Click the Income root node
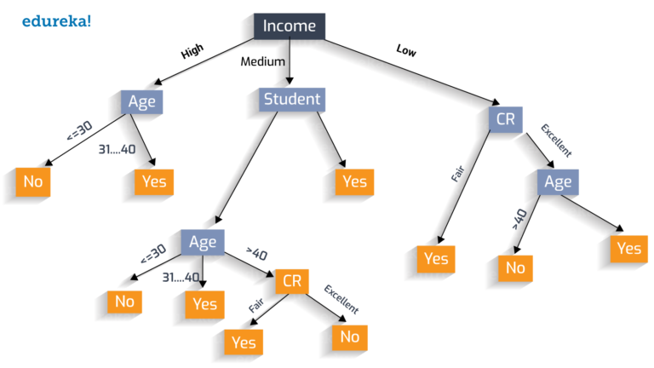coord(289,26)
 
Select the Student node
coord(292,100)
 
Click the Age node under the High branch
coord(141,102)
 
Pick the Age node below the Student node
coord(203,242)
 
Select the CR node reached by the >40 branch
coord(291,281)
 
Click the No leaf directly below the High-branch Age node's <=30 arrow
coord(33,181)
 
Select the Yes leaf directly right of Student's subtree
coord(353,181)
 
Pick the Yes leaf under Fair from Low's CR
coord(436,258)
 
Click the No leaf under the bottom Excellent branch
coord(349,336)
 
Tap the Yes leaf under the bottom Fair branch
coord(244,342)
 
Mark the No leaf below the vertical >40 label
coord(515,267)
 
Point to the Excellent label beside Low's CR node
coord(557,140)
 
